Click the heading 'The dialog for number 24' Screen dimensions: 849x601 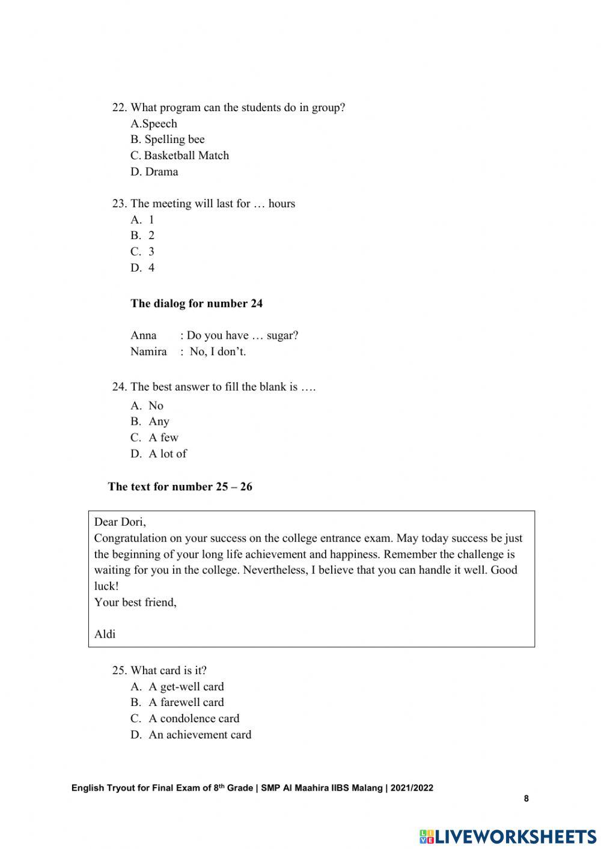(x=197, y=303)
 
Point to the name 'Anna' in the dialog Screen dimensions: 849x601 (x=144, y=335)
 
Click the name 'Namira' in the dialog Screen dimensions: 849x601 (x=148, y=351)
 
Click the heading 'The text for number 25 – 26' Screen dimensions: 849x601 (x=180, y=487)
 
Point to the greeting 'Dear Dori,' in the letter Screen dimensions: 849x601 (x=120, y=522)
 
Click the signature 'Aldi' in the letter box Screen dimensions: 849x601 (x=105, y=634)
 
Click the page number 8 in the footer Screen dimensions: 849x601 (x=526, y=799)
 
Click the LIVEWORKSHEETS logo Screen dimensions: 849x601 (x=508, y=836)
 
